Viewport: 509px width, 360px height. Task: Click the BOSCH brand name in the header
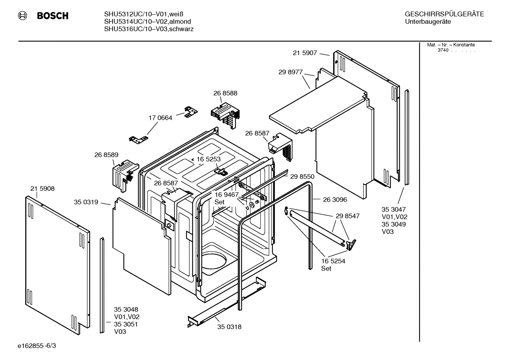point(53,16)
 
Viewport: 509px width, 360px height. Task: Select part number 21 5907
point(305,53)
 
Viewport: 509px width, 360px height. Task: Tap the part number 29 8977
point(291,72)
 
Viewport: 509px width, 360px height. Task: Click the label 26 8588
point(225,93)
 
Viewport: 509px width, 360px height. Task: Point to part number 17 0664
point(160,118)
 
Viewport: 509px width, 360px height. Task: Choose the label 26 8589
point(106,155)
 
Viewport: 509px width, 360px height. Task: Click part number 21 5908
point(42,189)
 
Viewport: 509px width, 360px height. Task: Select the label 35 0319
point(86,202)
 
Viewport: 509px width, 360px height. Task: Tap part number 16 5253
point(209,159)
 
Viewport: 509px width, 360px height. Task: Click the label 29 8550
point(302,177)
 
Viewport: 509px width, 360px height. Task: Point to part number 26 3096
point(335,200)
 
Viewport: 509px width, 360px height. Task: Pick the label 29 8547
point(348,216)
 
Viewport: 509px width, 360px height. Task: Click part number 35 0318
point(229,327)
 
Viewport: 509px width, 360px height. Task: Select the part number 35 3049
point(394,224)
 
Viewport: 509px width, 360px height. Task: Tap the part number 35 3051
point(126,324)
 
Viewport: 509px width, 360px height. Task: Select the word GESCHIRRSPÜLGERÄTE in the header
point(444,14)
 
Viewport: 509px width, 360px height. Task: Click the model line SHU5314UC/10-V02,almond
point(148,22)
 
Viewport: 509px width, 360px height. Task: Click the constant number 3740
point(443,50)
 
